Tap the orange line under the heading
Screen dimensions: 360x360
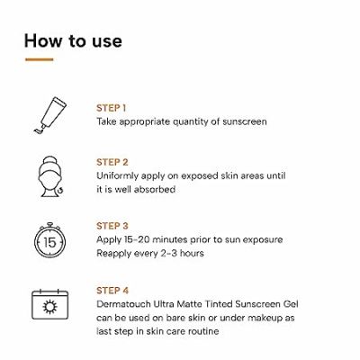click(x=40, y=60)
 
